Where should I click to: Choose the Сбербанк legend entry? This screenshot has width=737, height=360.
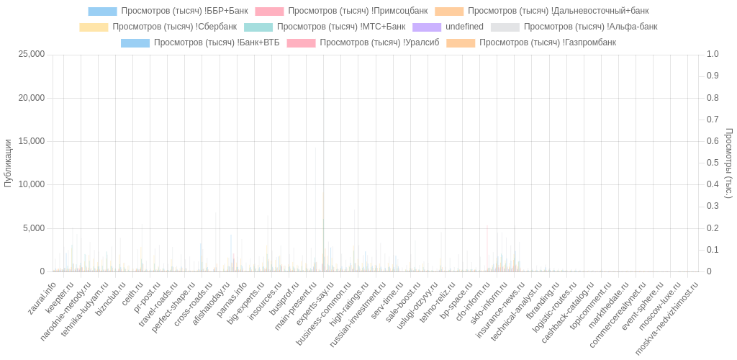pyautogui.click(x=159, y=27)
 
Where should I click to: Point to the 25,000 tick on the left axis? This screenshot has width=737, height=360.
pyautogui.click(x=31, y=54)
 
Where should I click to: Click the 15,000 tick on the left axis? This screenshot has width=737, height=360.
pyautogui.click(x=31, y=141)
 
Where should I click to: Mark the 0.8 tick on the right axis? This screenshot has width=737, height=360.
pyautogui.click(x=713, y=97)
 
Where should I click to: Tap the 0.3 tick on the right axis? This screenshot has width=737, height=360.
pyautogui.click(x=713, y=206)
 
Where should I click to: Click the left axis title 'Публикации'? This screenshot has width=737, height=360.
pyautogui.click(x=9, y=163)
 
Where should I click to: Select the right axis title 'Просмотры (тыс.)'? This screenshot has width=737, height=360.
pyautogui.click(x=728, y=163)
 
